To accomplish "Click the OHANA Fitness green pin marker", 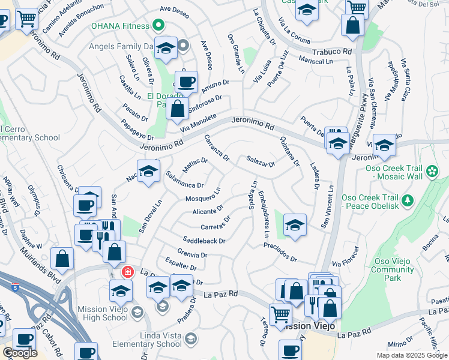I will (158, 26).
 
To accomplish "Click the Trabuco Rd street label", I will (331, 52).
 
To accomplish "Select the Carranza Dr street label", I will (217, 148).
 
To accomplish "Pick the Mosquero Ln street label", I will (203, 194).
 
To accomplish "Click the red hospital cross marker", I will (127, 272).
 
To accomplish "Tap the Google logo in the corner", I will (20, 353).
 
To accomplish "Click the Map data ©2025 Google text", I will (411, 355).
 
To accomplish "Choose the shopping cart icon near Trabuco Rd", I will (357, 7).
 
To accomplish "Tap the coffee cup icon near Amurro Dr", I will (186, 81).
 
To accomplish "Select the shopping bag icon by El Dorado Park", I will (177, 109).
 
